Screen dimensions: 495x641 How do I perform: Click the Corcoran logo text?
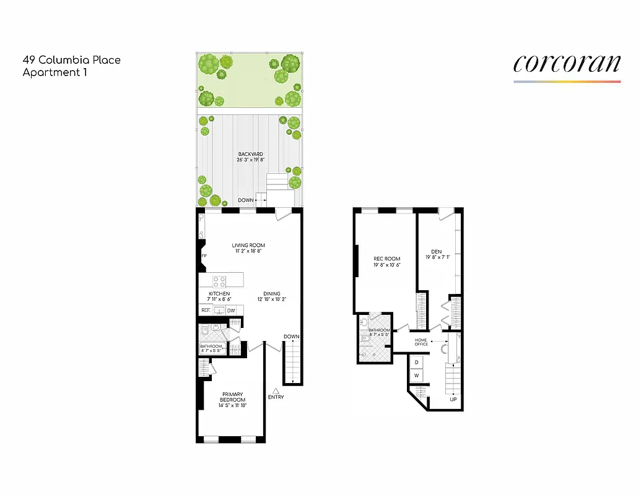(x=567, y=64)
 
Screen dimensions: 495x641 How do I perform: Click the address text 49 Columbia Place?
(x=71, y=60)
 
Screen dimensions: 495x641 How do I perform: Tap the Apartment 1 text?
(x=55, y=72)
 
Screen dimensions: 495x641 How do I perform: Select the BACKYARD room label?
(x=251, y=154)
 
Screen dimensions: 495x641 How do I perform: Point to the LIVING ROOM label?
(x=248, y=245)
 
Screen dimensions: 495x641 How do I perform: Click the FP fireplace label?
(x=203, y=256)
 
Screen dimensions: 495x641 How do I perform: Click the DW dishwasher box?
(x=230, y=311)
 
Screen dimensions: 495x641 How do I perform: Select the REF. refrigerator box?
(x=206, y=311)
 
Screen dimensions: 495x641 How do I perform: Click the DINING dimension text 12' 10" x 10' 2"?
(x=271, y=300)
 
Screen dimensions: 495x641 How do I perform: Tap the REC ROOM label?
(x=387, y=259)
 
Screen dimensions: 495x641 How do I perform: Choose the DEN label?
(x=436, y=251)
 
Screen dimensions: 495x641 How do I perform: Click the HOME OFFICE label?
(x=421, y=342)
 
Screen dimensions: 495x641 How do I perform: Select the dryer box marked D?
(x=416, y=362)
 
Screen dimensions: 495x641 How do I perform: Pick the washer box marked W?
(x=416, y=376)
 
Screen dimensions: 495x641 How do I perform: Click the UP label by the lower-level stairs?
(x=453, y=399)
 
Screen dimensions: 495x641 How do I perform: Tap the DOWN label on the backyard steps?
(x=246, y=200)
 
